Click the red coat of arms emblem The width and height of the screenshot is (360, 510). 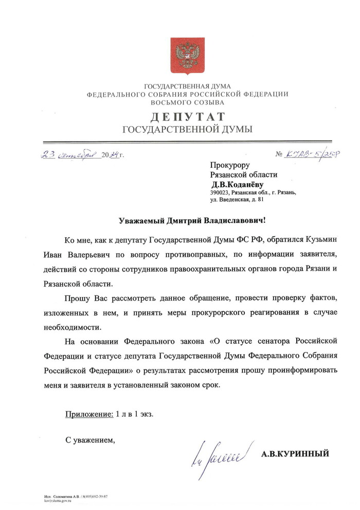pos(187,54)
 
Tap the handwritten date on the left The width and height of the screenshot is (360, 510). pos(82,153)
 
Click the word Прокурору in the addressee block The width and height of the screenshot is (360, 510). pos(229,165)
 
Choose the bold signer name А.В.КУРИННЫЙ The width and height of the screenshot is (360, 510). pos(295,454)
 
